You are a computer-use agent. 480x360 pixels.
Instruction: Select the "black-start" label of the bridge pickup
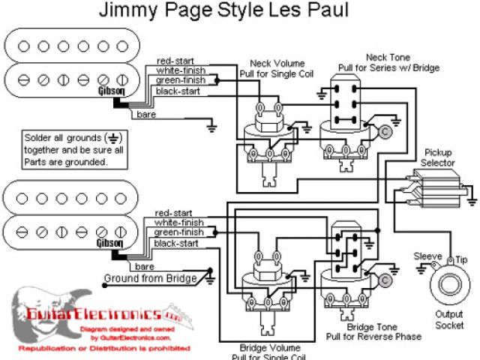point(176,243)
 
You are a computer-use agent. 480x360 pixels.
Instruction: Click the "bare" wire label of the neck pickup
point(146,114)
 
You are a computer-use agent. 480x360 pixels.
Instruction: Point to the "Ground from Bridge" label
point(151,278)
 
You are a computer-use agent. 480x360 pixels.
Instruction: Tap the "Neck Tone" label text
point(387,57)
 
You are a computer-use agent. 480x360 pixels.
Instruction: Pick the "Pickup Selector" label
point(439,157)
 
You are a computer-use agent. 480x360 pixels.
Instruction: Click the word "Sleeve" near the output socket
point(428,256)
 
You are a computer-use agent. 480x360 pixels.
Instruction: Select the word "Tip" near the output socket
point(463,259)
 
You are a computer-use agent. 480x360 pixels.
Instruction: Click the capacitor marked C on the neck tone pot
point(384,133)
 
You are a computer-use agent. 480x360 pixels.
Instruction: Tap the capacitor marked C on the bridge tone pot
point(384,280)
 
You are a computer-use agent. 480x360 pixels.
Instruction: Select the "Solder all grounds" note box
point(65,148)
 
